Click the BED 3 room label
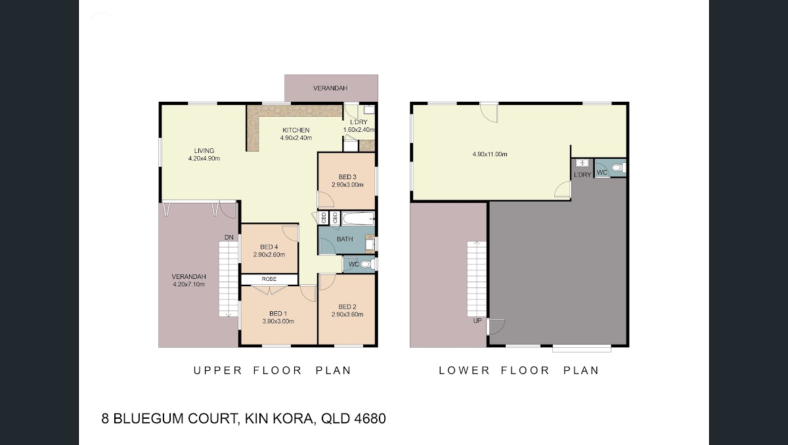coord(347,177)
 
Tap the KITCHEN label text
coord(296,130)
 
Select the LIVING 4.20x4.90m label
coord(204,155)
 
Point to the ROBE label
coord(269,279)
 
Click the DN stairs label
coord(229,237)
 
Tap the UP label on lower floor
coord(477,320)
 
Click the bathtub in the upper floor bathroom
coord(358,219)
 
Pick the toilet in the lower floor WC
coord(619,167)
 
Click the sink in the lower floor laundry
coord(582,163)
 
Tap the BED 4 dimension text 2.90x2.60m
coord(269,255)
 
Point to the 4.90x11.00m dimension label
coord(490,154)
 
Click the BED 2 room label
coord(347,307)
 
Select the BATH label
coord(345,239)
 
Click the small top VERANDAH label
coord(330,88)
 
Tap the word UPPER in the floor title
coord(218,370)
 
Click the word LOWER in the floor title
coord(464,370)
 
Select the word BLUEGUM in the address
coord(149,419)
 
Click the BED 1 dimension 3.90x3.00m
coord(278,321)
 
